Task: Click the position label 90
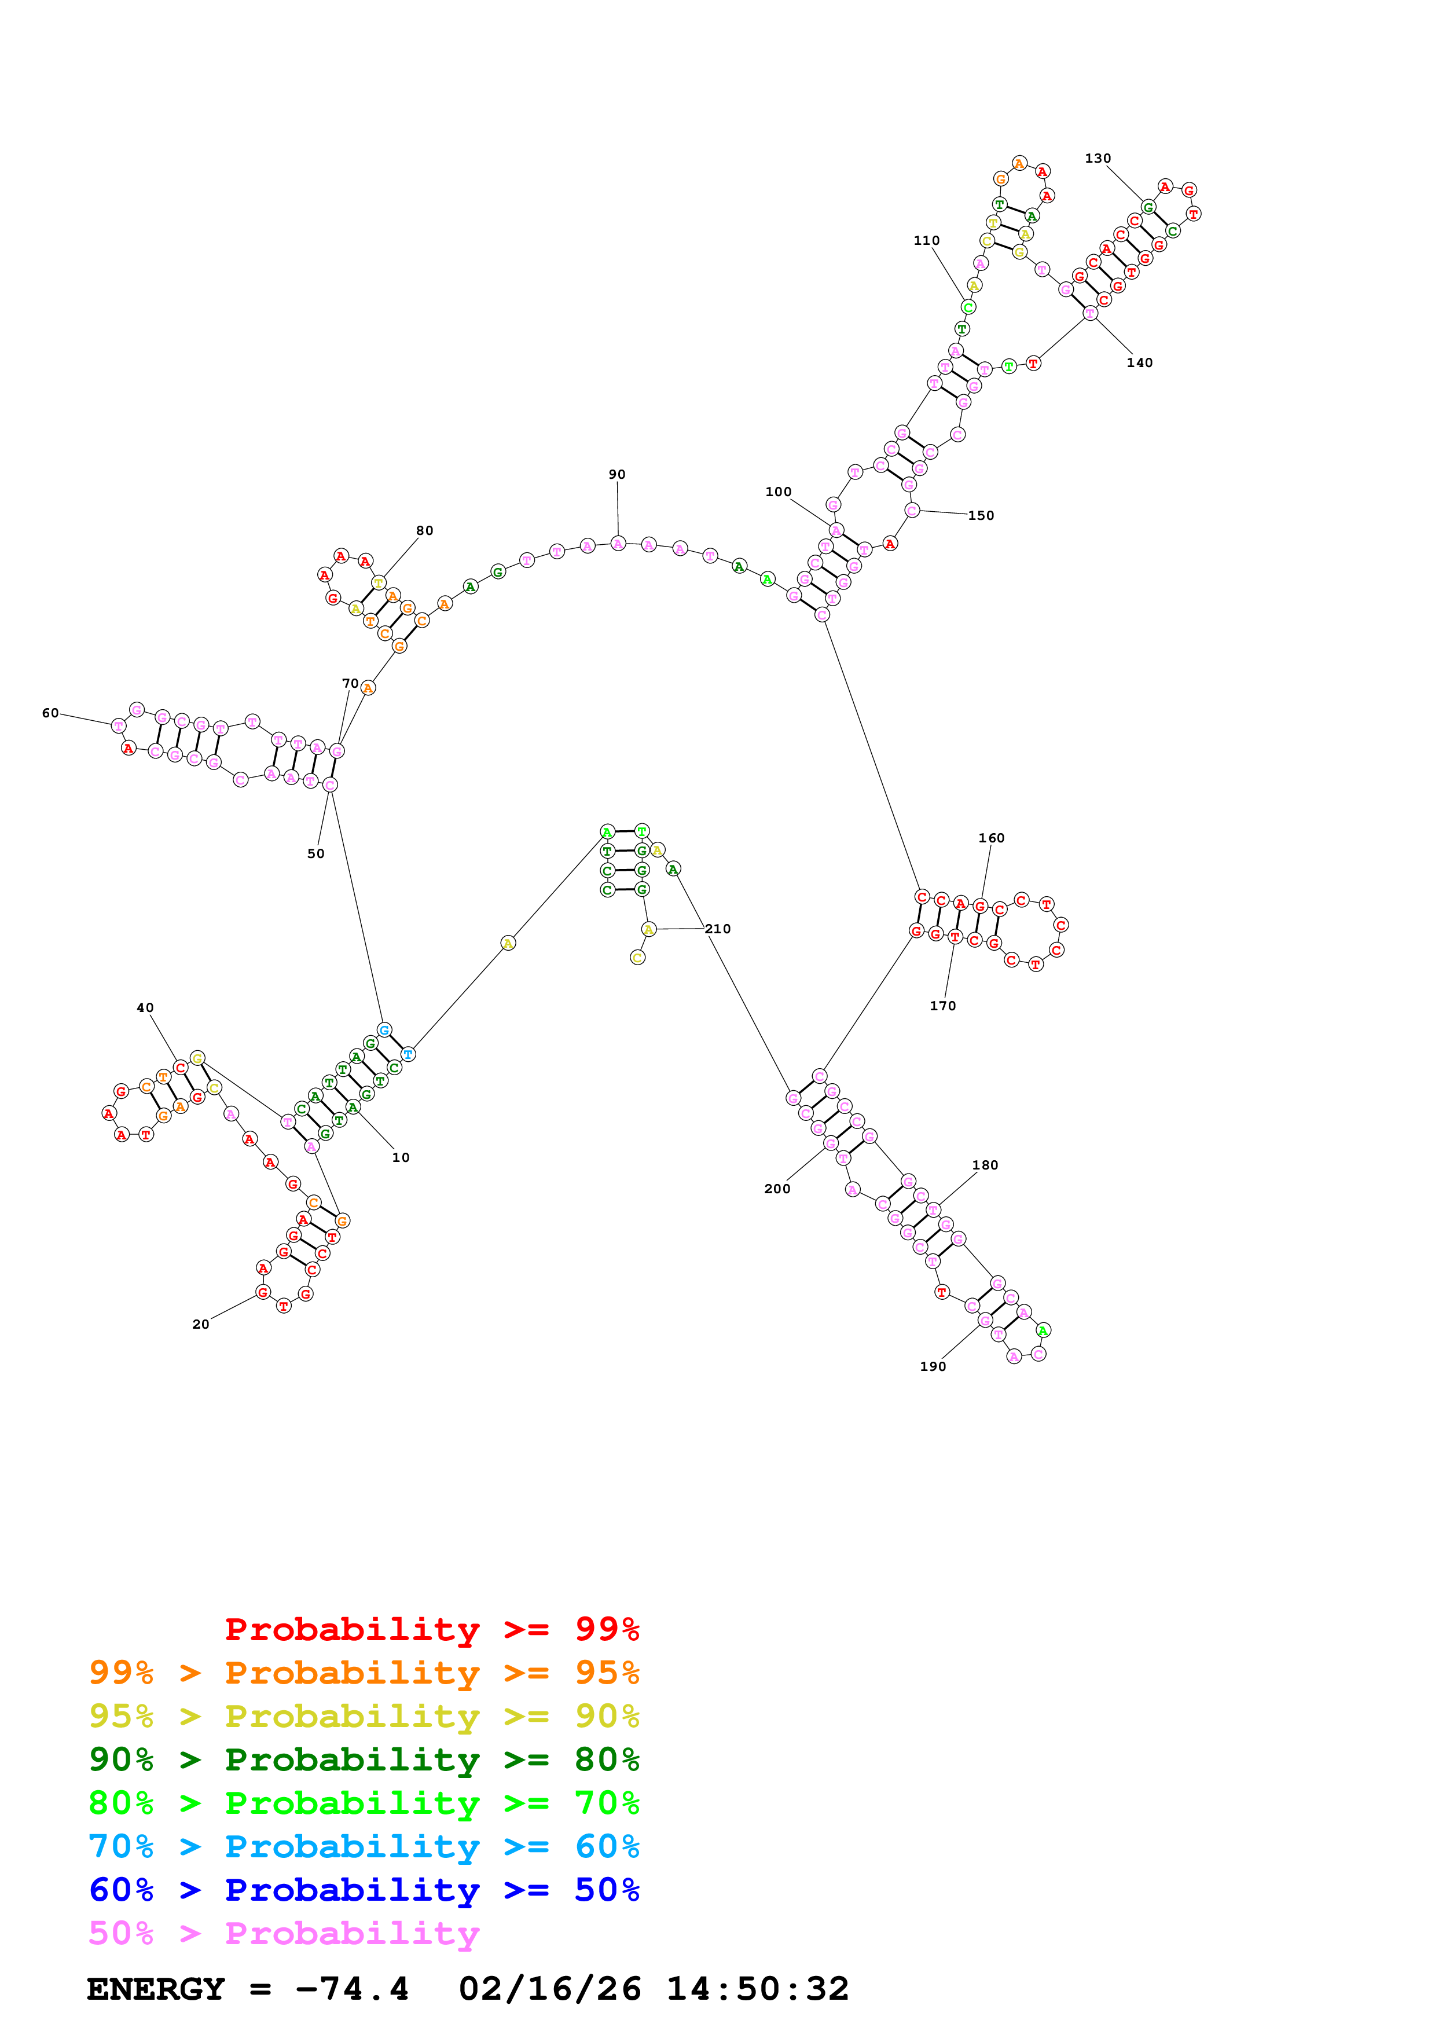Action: (616, 474)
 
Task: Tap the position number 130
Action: (1098, 158)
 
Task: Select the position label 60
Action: (50, 712)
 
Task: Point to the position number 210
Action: (717, 929)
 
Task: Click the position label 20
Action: (201, 1324)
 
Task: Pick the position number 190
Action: (933, 1367)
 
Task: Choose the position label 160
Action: (991, 838)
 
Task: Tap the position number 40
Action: (145, 1007)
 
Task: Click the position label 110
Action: (927, 241)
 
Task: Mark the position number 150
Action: (981, 516)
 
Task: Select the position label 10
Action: (401, 1157)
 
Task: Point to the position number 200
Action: (777, 1189)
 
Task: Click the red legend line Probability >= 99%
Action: (431, 1629)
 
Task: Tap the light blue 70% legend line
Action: (364, 1846)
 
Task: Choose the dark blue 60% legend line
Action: (364, 1890)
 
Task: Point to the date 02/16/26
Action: (549, 1989)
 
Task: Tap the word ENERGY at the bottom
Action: (156, 1989)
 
